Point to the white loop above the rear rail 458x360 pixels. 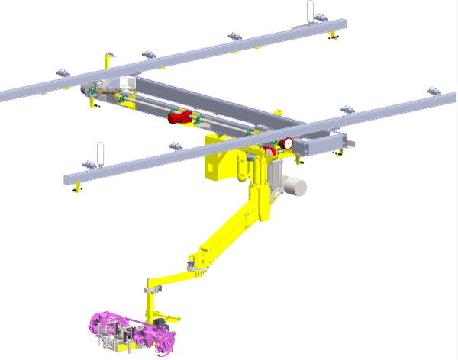tap(311, 11)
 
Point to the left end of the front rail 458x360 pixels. tap(70, 180)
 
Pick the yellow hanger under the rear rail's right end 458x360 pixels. tap(334, 37)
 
